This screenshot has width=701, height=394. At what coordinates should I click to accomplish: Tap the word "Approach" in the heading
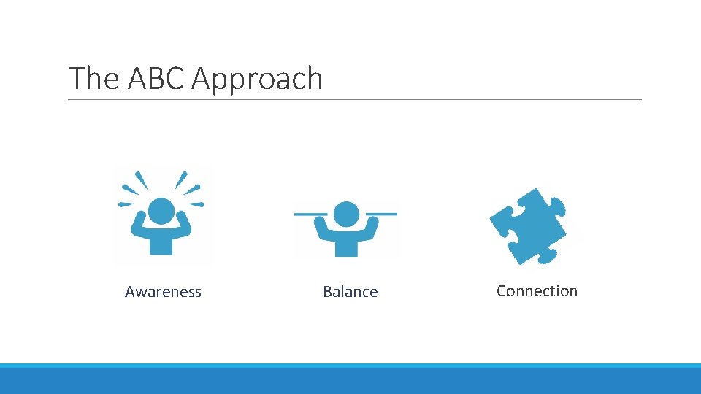[x=256, y=79]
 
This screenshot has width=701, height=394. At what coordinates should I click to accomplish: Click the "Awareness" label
[x=163, y=292]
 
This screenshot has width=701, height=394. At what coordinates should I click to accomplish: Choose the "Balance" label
[x=350, y=292]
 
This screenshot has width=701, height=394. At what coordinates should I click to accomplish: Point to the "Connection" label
[x=537, y=291]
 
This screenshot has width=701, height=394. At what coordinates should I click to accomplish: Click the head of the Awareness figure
[x=161, y=212]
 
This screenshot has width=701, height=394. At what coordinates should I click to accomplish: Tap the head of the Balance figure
[x=345, y=214]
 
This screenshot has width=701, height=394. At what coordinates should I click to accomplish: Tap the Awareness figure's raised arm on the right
[x=185, y=225]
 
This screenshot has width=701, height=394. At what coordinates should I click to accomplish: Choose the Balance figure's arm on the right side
[x=370, y=229]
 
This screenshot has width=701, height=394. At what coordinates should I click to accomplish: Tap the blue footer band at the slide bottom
[x=350, y=379]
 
